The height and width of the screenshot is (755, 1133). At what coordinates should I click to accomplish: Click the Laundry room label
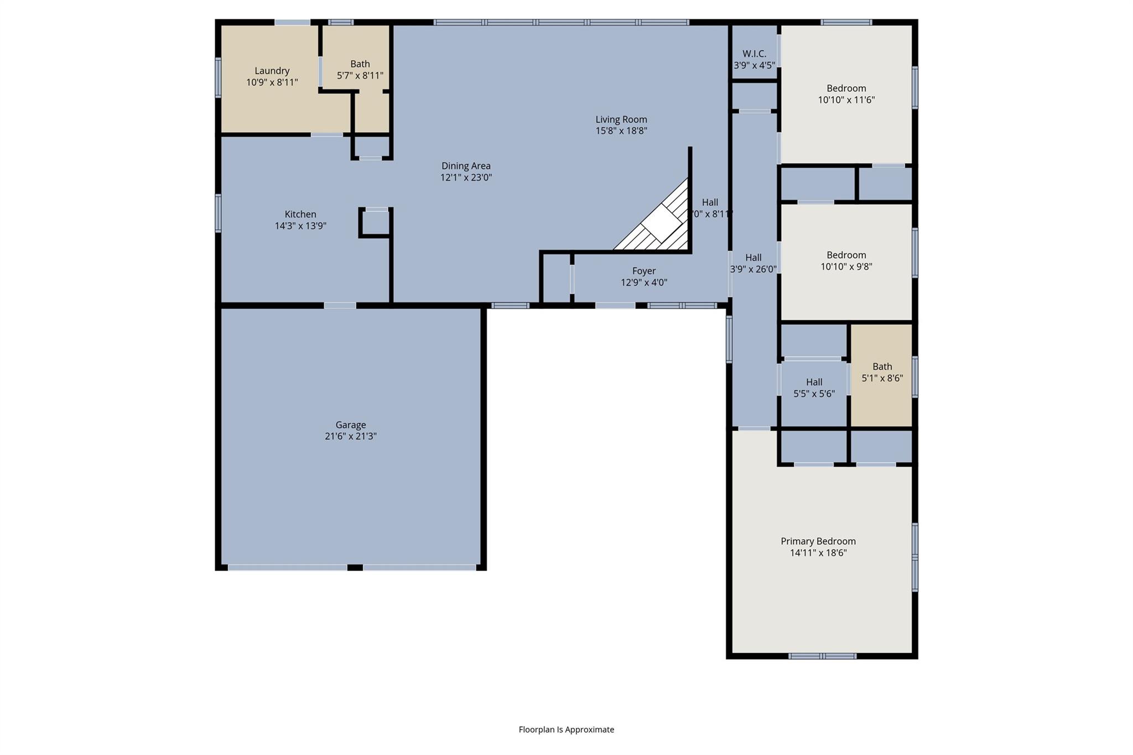pos(272,71)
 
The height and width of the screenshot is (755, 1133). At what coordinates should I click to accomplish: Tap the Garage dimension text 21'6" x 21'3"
pos(350,436)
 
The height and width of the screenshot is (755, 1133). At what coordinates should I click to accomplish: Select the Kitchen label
pos(300,214)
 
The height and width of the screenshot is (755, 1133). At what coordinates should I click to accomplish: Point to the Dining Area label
pos(466,166)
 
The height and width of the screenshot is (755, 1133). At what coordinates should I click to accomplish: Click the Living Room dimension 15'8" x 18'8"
pos(621,131)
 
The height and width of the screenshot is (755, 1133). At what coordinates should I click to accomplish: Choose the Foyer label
pos(644,271)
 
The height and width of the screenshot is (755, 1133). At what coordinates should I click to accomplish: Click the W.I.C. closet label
pos(754,54)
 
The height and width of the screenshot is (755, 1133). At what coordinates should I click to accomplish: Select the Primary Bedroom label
pos(818,541)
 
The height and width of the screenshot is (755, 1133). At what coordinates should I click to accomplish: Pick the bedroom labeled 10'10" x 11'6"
pos(846,94)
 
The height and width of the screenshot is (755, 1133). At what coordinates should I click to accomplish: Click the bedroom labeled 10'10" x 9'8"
pos(846,261)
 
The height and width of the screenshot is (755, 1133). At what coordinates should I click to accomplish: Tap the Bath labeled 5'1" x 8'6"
pos(882,372)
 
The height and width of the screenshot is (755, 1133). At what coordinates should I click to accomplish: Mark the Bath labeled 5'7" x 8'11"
pos(360,70)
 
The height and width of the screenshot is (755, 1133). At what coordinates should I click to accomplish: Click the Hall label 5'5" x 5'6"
pos(814,388)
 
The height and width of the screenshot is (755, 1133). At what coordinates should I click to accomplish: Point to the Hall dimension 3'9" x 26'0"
pos(753,270)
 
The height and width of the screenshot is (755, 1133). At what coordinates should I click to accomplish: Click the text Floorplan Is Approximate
pos(566,730)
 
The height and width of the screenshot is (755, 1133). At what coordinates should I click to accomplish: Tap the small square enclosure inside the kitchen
pos(376,222)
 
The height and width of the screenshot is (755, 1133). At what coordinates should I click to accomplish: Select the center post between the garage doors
pos(355,567)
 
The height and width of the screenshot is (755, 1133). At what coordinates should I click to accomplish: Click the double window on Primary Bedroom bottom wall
pos(822,656)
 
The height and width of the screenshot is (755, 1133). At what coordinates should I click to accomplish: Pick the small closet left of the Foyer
pos(556,278)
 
